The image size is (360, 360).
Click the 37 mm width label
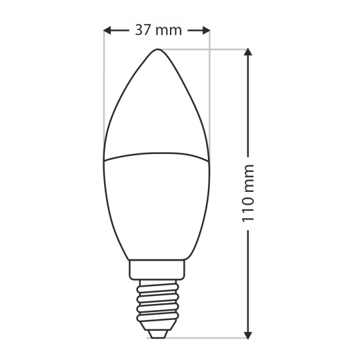click(x=159, y=30)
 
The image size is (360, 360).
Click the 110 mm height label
click(x=248, y=193)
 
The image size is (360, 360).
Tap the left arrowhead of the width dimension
click(x=107, y=30)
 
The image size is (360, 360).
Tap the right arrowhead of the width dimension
click(x=207, y=30)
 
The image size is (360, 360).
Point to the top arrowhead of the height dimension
click(x=248, y=51)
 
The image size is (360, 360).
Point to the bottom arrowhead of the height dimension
click(x=248, y=335)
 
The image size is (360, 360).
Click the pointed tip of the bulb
click(x=157, y=49)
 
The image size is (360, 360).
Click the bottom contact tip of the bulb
click(x=157, y=334)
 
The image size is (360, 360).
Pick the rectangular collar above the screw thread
click(x=157, y=270)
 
